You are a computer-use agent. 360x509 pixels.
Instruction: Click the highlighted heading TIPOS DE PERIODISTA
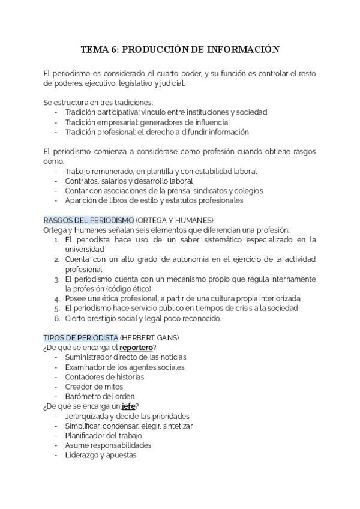pyautogui.click(x=81, y=337)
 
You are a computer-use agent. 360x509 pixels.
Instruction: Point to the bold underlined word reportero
pyautogui.click(x=136, y=348)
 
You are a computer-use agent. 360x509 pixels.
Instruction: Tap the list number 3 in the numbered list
pyautogui.click(x=56, y=279)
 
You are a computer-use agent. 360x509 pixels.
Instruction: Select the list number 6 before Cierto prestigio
pyautogui.click(x=56, y=318)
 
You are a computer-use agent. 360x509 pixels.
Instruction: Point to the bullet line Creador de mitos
pyautogui.click(x=94, y=387)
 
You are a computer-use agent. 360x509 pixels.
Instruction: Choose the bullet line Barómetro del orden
pyautogui.click(x=100, y=396)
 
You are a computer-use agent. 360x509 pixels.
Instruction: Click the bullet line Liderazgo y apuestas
pyautogui.click(x=100, y=455)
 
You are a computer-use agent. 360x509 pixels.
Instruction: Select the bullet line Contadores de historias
pyautogui.click(x=104, y=377)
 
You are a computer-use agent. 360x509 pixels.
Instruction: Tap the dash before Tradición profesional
pyautogui.click(x=56, y=132)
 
